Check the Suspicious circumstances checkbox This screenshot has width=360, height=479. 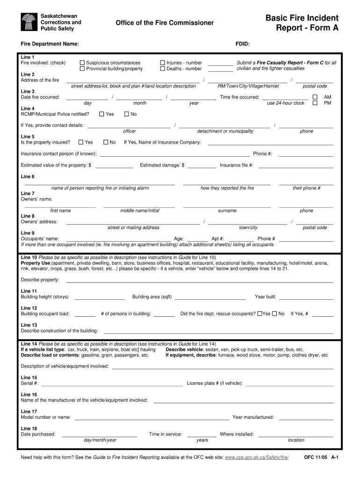82,63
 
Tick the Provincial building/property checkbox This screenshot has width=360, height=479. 82,69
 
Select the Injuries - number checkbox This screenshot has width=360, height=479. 163,63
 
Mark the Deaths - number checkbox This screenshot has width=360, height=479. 163,69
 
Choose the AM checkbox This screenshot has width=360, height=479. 315,97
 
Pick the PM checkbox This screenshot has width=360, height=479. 315,103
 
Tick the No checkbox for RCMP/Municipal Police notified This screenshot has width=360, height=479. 127,114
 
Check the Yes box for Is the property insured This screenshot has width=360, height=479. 81,142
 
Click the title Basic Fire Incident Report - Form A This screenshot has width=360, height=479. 302,23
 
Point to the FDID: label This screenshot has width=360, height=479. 242,44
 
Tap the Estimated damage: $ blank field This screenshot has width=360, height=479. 202,166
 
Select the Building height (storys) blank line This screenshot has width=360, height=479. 100,298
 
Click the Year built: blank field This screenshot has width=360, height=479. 306,298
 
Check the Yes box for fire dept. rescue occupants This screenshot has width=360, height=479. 260,314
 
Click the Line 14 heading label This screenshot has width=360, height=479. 29,344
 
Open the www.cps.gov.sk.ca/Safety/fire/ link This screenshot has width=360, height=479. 257,457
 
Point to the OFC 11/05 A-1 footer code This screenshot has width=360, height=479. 321,457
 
